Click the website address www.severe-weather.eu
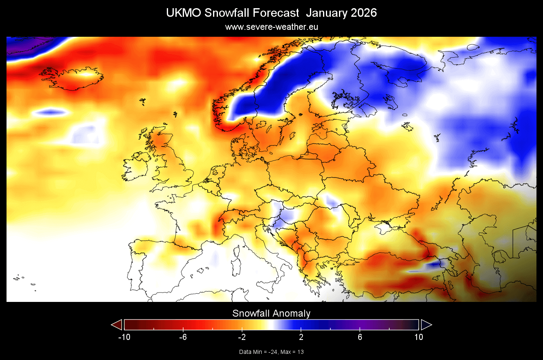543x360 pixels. click(x=271, y=27)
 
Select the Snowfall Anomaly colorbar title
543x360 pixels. click(x=271, y=314)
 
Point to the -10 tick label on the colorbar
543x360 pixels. click(x=124, y=337)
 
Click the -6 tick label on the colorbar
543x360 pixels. click(x=183, y=337)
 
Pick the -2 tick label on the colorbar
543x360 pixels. click(x=242, y=337)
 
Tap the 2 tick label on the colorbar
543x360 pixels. click(x=301, y=337)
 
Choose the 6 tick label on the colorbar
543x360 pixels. click(x=360, y=337)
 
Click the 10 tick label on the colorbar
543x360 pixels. click(x=418, y=337)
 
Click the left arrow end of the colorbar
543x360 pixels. click(x=117, y=325)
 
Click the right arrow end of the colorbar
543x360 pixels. click(x=426, y=325)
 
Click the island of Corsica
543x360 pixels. click(x=237, y=250)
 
